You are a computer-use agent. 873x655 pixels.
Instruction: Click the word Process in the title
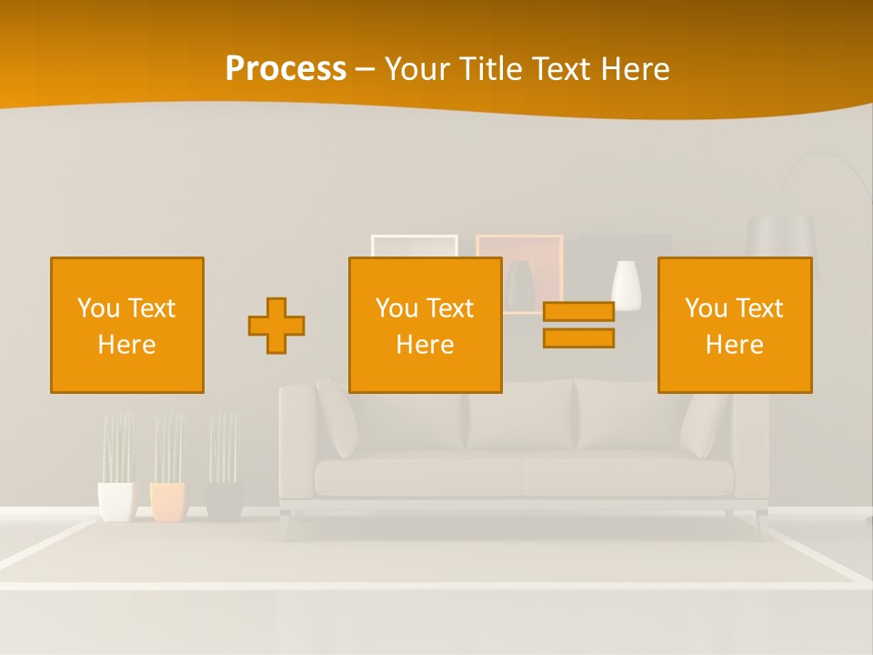click(286, 69)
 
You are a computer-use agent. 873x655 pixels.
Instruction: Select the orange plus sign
click(276, 325)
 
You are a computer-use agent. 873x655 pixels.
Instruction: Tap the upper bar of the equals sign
click(578, 311)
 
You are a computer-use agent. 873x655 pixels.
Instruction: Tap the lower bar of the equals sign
click(578, 338)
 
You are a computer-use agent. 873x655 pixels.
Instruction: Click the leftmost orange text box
click(127, 325)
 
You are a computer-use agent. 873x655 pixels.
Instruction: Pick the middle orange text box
click(426, 325)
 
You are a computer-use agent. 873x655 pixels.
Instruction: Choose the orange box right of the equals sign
click(735, 325)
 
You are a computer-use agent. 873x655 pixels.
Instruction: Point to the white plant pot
click(115, 501)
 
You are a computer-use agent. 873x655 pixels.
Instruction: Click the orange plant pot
click(168, 501)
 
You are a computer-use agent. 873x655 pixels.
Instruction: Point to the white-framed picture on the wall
click(414, 246)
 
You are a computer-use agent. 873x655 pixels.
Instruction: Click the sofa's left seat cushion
click(418, 475)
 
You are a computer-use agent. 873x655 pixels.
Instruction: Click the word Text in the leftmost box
click(151, 308)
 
